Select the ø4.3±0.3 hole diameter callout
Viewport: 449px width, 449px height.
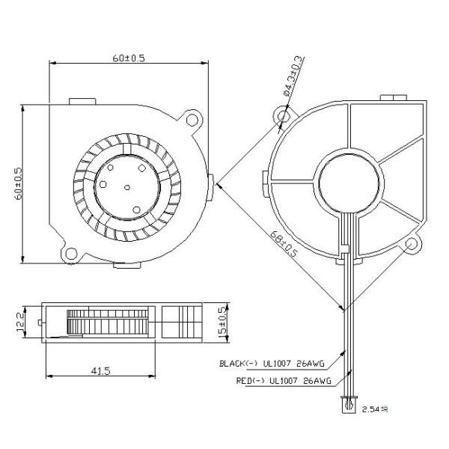pyautogui.click(x=293, y=75)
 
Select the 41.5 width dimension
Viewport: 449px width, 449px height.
pyautogui.click(x=102, y=372)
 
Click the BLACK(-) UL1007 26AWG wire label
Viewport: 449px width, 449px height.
pyautogui.click(x=272, y=364)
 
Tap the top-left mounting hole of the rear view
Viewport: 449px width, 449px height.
pyautogui.click(x=284, y=117)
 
